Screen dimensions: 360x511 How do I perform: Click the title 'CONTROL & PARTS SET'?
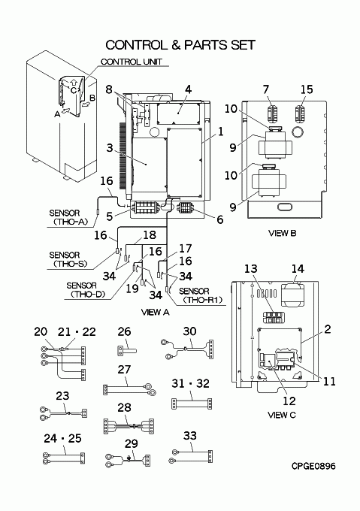[180, 44]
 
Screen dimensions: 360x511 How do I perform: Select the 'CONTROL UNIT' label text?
[132, 62]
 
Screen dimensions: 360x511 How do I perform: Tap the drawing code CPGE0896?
[313, 466]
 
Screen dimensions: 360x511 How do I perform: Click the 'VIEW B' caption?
[283, 233]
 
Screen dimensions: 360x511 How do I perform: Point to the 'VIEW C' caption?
[282, 415]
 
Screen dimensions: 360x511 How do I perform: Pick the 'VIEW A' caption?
[156, 312]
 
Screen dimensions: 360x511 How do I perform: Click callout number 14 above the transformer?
[298, 268]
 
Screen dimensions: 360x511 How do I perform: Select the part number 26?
[124, 331]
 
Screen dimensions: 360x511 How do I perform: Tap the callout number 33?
[190, 435]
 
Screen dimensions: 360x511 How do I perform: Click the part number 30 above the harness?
[189, 331]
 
